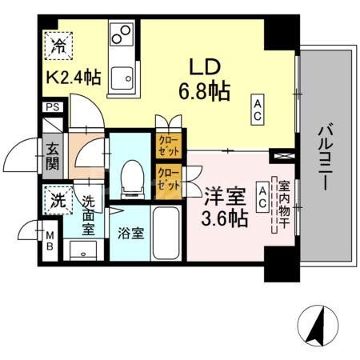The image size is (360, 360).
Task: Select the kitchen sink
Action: (x=123, y=77)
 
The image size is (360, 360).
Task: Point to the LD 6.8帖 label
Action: (x=205, y=78)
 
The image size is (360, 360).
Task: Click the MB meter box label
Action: (x=50, y=241)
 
